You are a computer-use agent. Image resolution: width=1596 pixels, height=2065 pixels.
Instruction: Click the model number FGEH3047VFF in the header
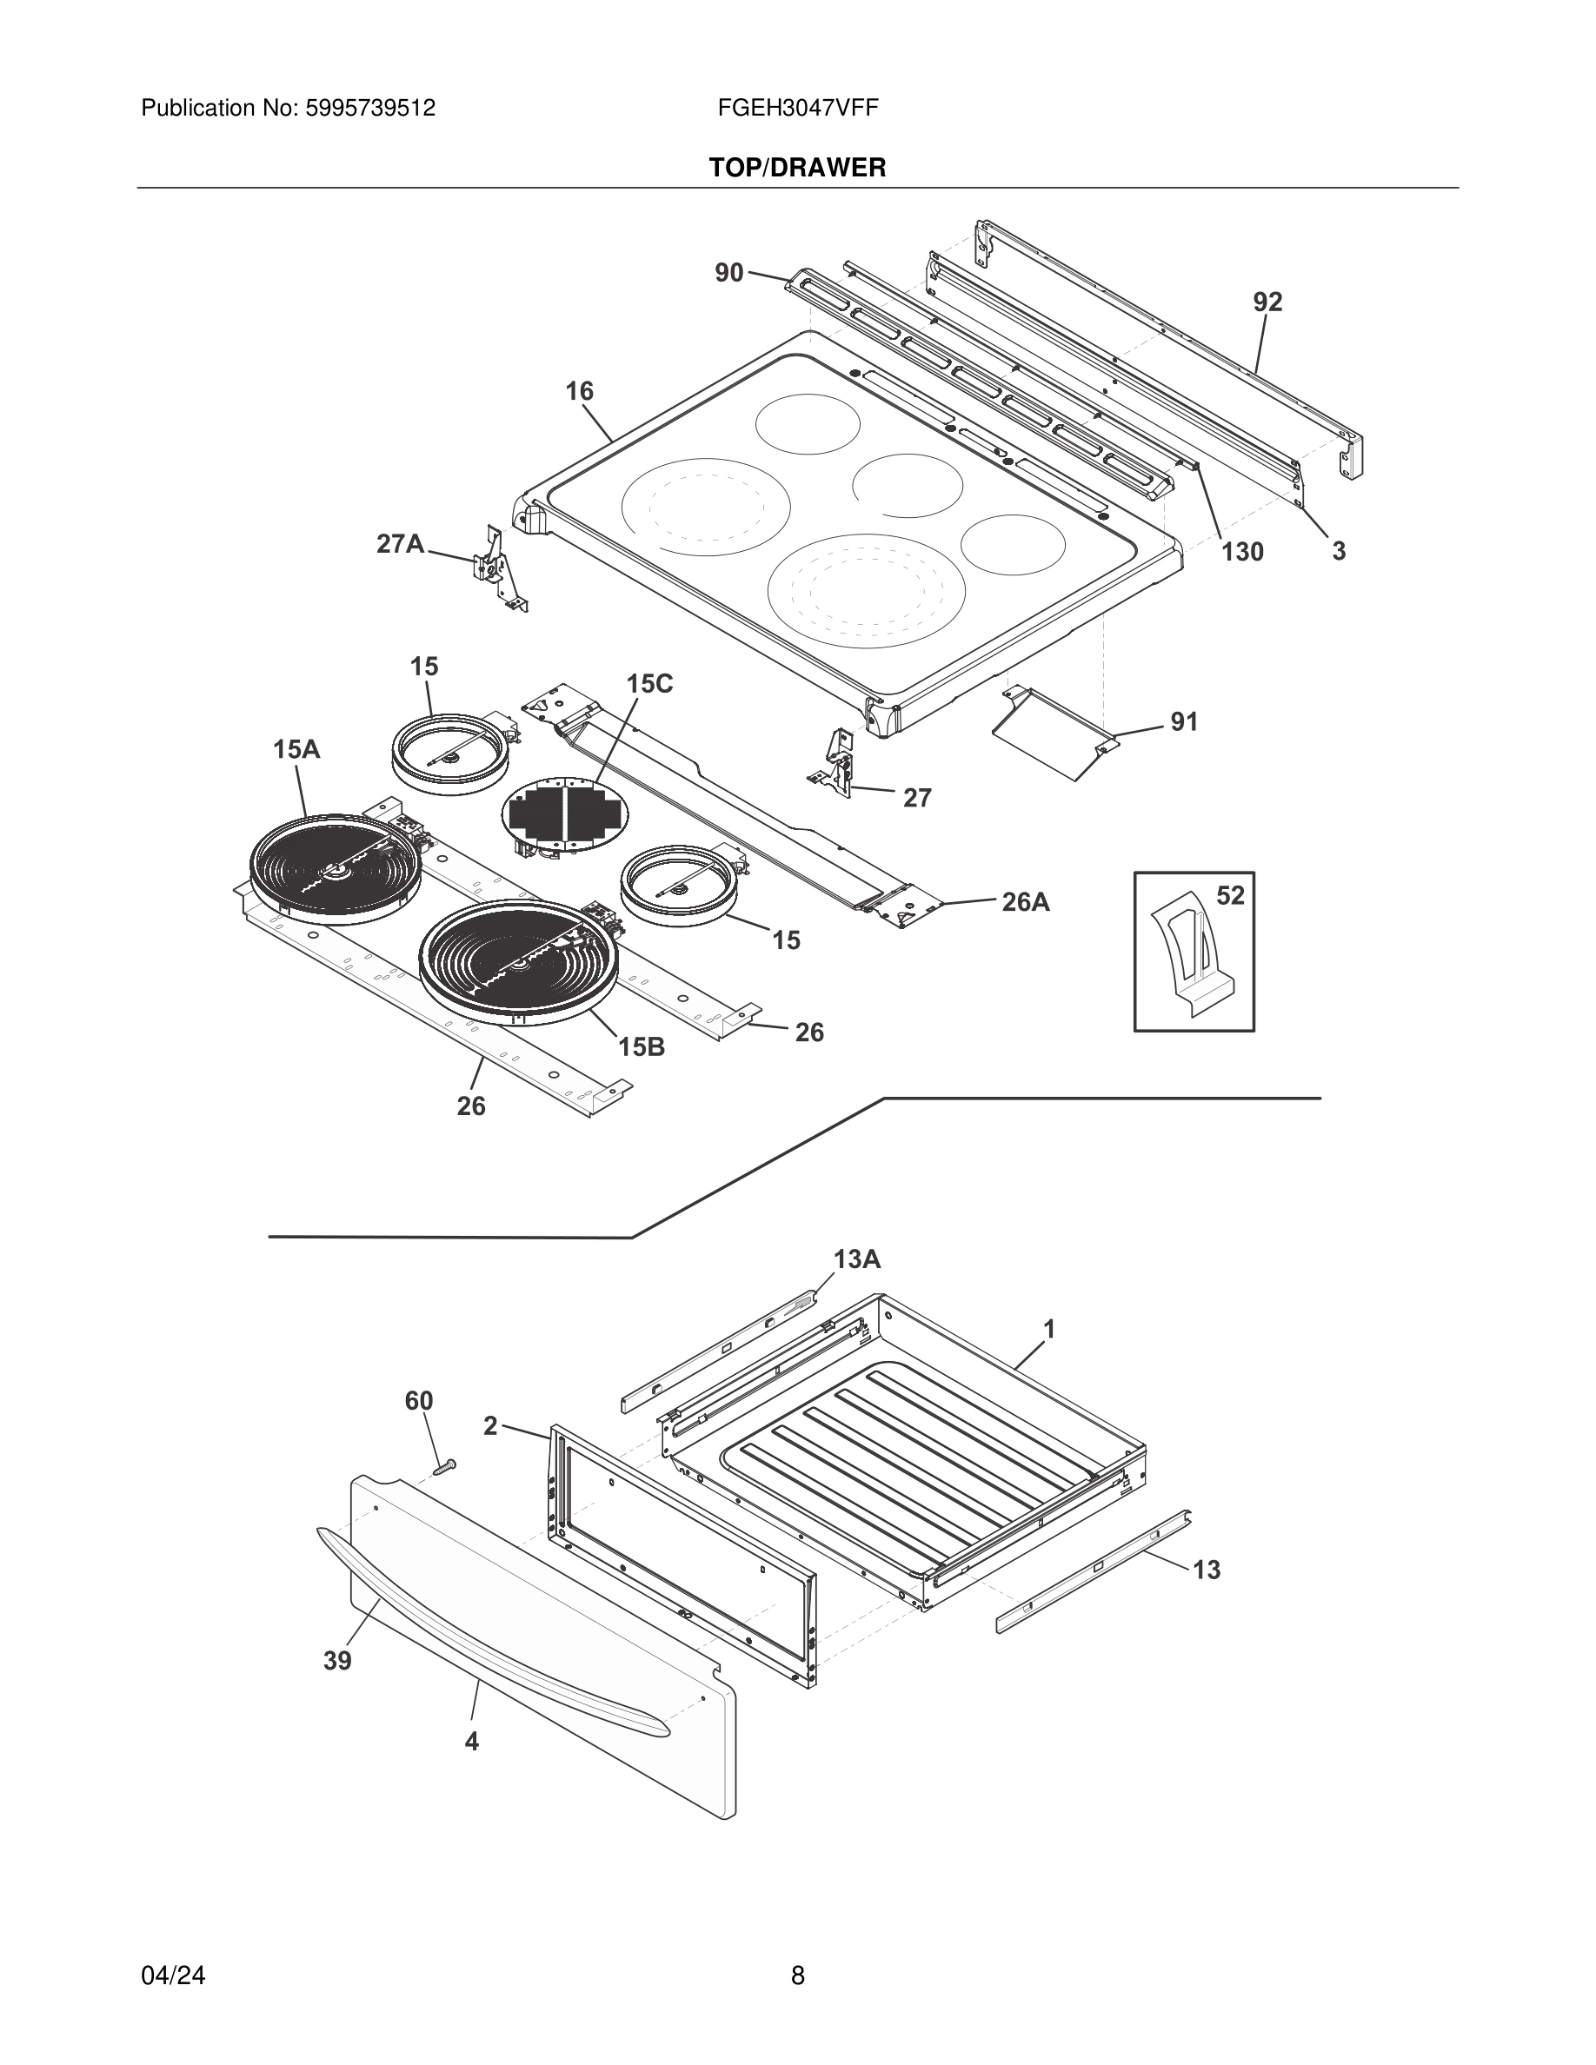pos(797,108)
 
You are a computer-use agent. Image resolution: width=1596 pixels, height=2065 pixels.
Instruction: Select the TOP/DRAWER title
pos(797,169)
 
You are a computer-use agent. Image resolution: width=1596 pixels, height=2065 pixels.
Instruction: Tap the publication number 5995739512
pos(369,108)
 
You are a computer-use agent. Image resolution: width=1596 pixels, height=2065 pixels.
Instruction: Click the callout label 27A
pos(400,544)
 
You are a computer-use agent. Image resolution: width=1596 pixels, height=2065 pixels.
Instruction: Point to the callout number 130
pos(1241,551)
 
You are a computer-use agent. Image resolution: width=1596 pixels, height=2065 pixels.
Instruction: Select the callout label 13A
pos(856,1258)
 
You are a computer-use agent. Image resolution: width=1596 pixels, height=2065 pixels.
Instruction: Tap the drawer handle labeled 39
pos(492,1641)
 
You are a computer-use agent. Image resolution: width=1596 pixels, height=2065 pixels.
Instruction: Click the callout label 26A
pos(1026,902)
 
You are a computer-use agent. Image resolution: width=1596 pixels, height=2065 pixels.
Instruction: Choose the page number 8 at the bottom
pos(797,1975)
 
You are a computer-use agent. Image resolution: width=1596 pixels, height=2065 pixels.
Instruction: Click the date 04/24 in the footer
pos(173,1975)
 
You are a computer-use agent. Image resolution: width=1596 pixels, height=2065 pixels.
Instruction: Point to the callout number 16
pos(579,390)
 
